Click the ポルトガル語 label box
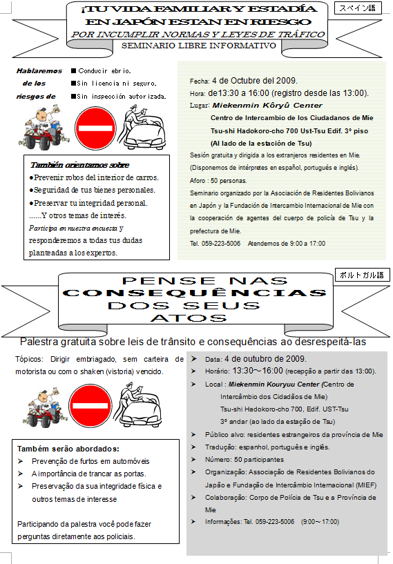pos(361,275)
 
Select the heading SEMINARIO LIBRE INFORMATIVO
pos(198,46)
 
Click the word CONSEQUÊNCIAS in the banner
pos(194,293)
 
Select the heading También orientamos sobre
pos(79,165)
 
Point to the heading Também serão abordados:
pos(64,448)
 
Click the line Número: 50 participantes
pos(244,460)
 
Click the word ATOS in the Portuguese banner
pos(188,318)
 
